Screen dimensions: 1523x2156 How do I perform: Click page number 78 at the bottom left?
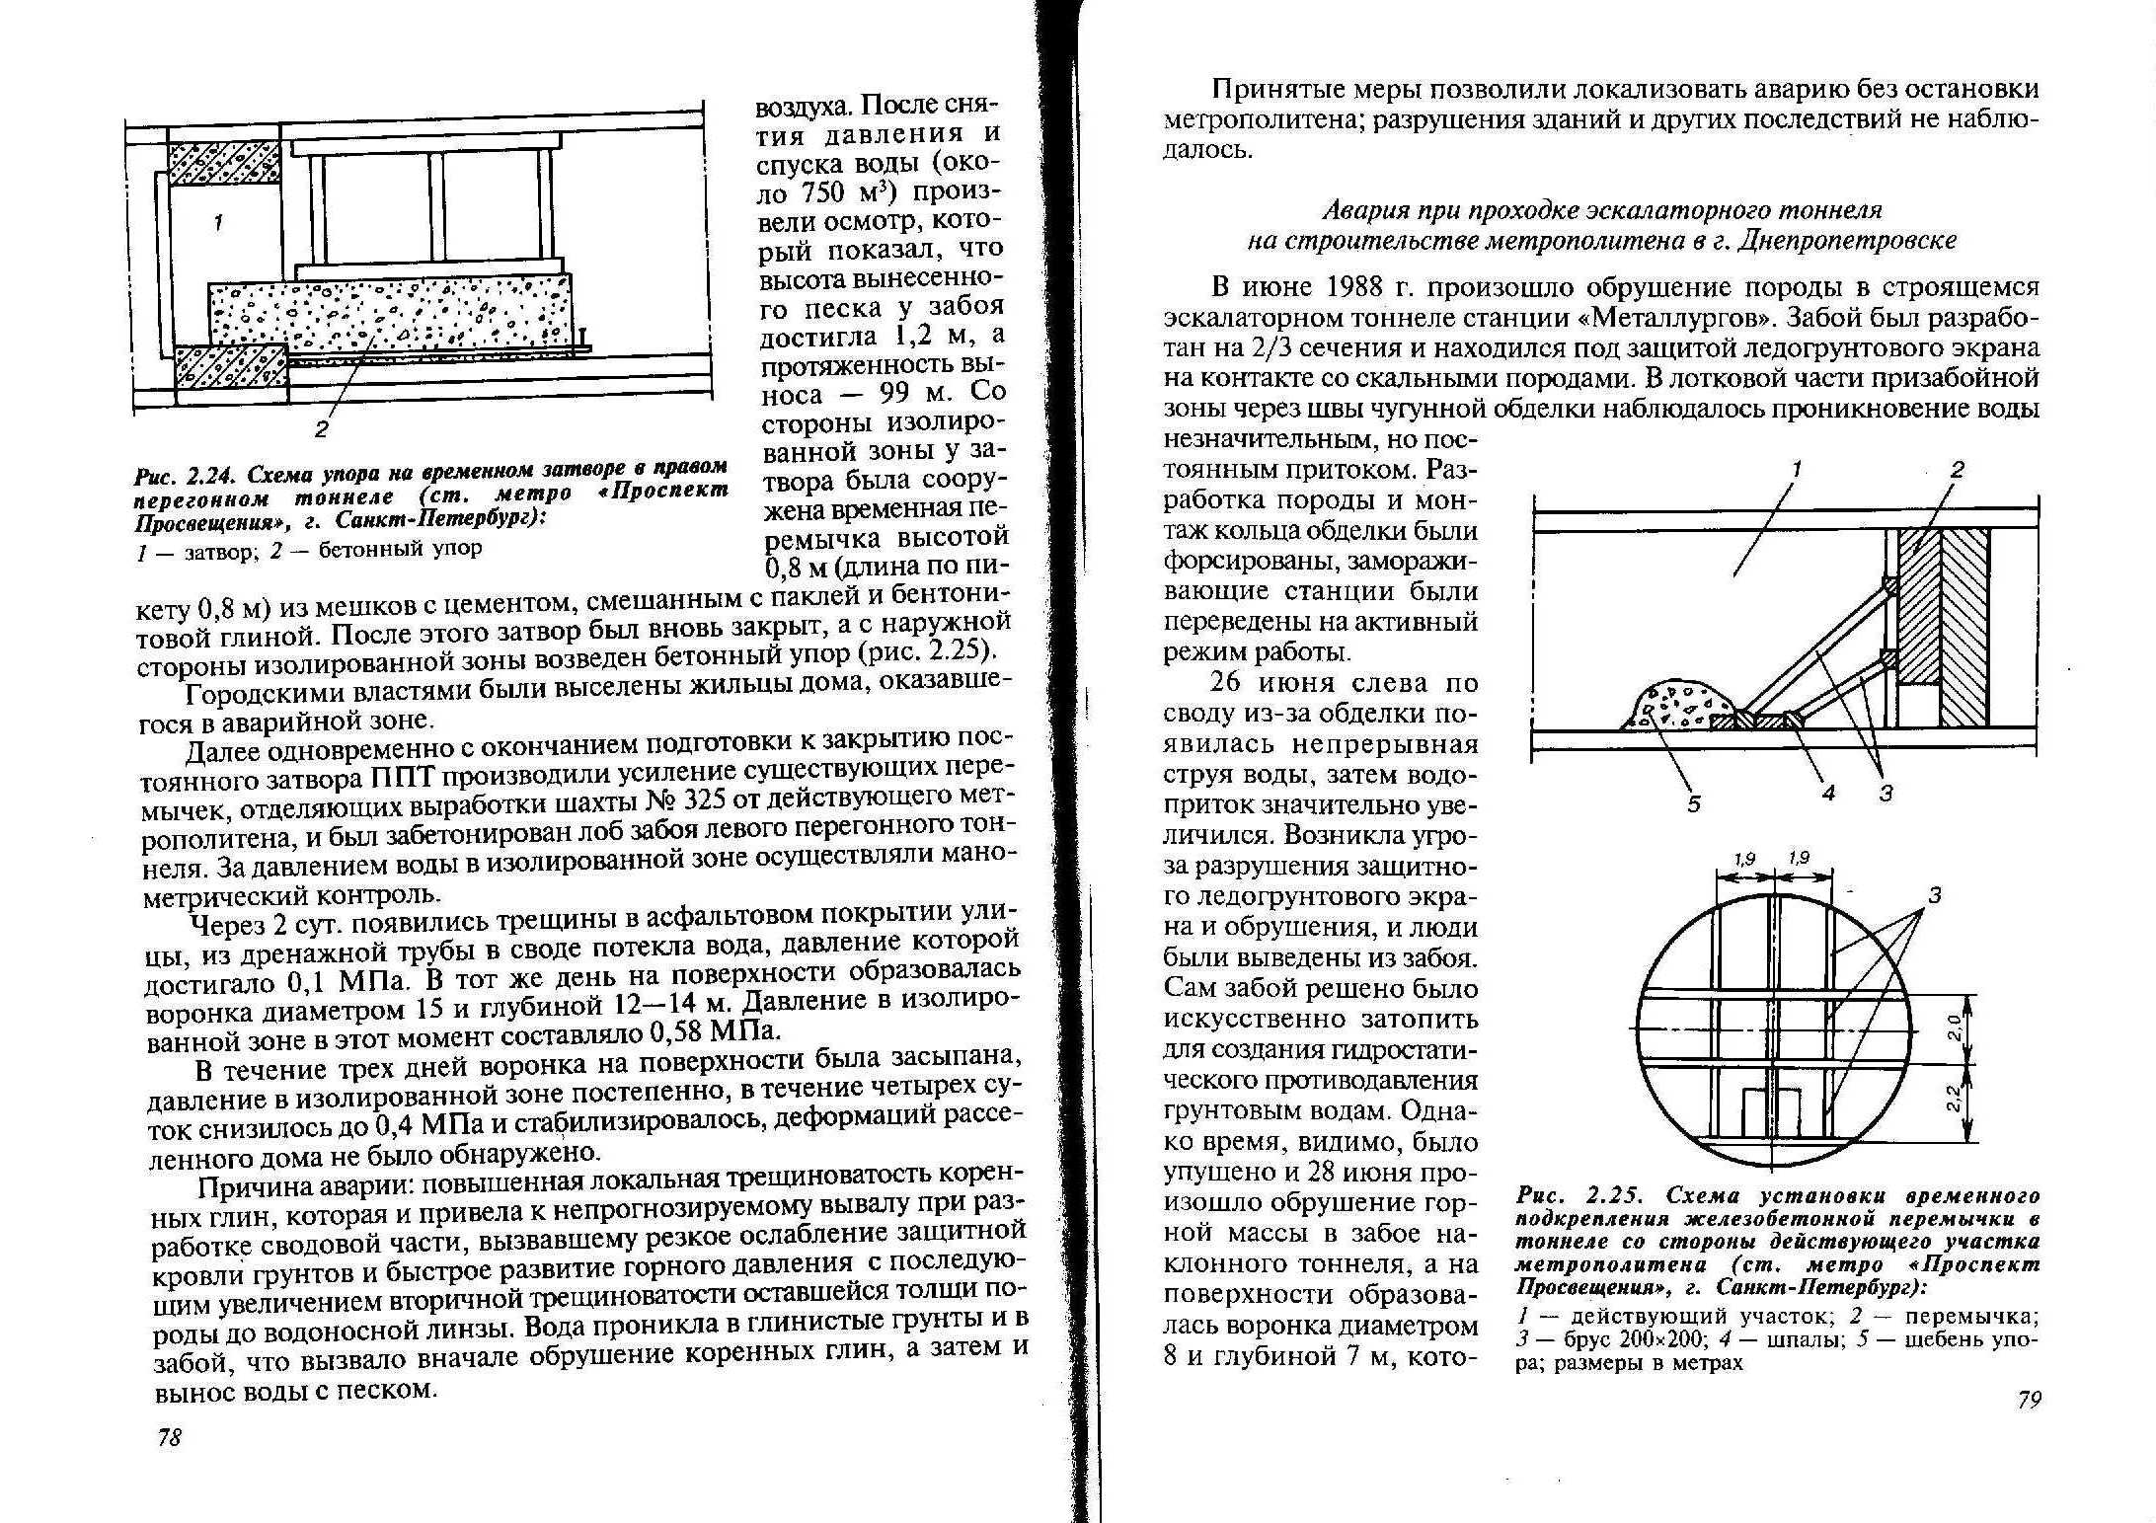point(170,1437)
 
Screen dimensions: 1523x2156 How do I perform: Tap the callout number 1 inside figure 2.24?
point(218,223)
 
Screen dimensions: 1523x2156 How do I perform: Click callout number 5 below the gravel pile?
point(1694,803)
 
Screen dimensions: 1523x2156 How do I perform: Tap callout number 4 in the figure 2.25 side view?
point(1827,793)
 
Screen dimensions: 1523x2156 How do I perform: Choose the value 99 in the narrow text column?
point(899,393)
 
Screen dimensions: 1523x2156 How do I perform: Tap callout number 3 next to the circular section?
point(1934,895)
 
